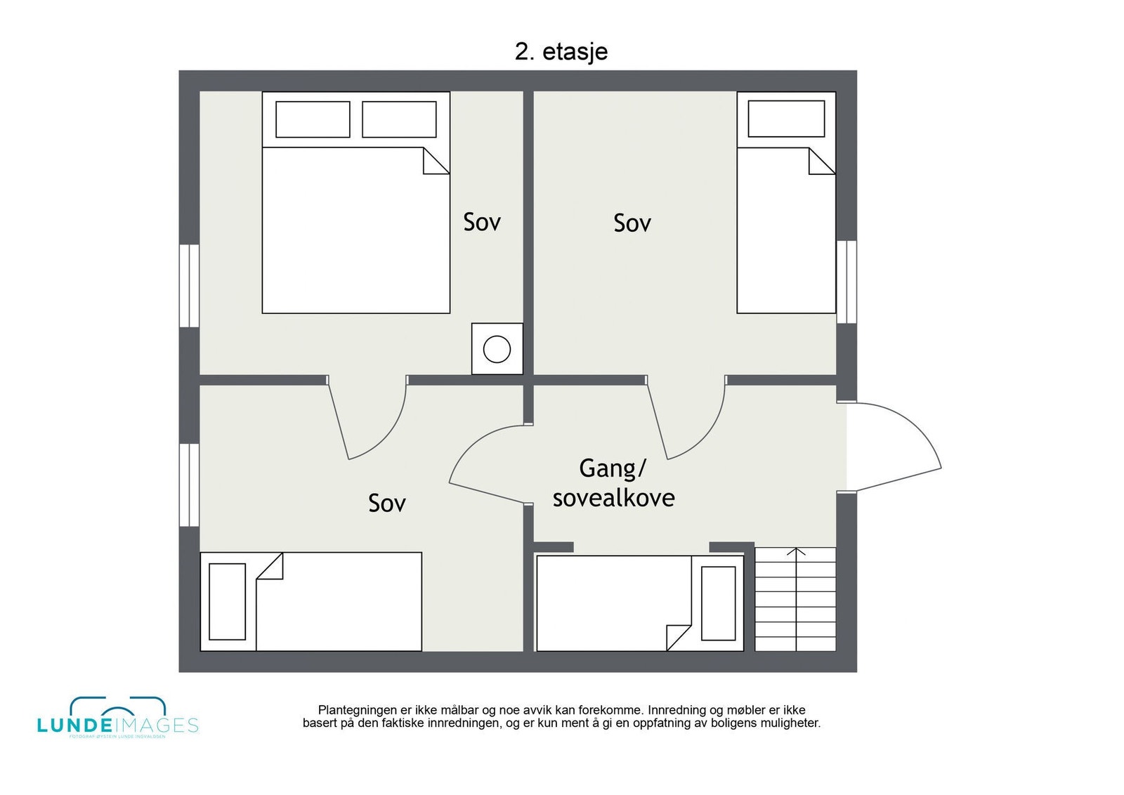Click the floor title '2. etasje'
561,51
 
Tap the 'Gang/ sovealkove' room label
613,483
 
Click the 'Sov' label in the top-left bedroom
482,222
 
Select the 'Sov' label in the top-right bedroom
632,223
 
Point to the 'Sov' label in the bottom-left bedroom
387,503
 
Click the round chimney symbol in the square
497,349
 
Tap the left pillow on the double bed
313,119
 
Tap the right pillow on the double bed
399,119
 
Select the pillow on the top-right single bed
786,119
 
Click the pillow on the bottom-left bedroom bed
227,601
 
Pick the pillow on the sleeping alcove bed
718,603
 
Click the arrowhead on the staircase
795,552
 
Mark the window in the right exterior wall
847,282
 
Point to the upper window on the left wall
189,285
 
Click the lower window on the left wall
189,485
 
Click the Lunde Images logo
117,718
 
